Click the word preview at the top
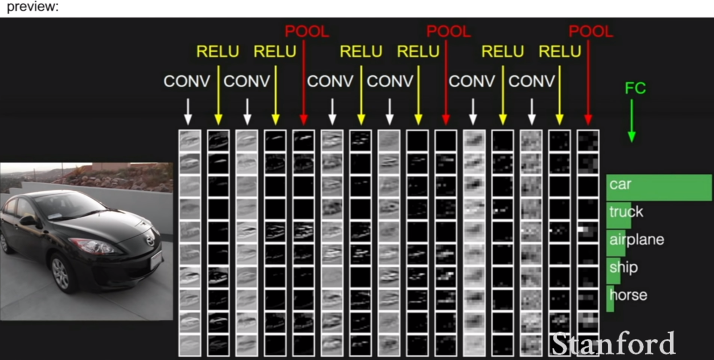[x=32, y=7]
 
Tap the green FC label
[x=635, y=88]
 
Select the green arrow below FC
[x=632, y=121]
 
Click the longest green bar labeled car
[x=659, y=187]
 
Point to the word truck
[x=626, y=212]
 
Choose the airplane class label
[x=637, y=239]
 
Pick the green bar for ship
[x=613, y=271]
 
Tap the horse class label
[x=628, y=295]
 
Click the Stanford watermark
[x=613, y=343]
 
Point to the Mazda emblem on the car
[x=150, y=240]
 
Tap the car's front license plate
[x=157, y=260]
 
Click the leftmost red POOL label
[x=307, y=31]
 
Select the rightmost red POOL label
[x=590, y=31]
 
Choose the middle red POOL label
[x=449, y=31]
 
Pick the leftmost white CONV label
[x=187, y=81]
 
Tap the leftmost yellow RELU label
[x=218, y=51]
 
